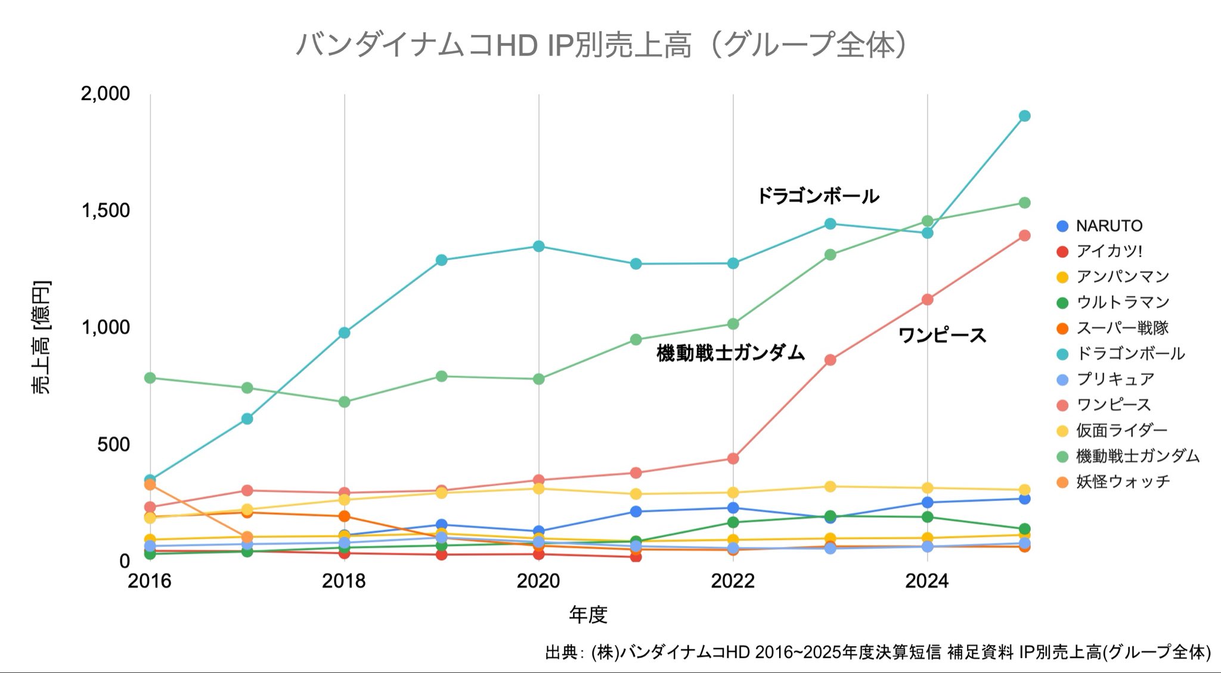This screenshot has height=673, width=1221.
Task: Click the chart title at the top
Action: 602,45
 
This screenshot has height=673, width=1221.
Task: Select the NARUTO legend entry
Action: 1108,226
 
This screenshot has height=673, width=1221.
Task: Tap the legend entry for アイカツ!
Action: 1108,251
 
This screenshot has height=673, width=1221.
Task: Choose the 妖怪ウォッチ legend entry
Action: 1122,482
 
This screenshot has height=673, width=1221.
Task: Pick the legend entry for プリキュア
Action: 1114,379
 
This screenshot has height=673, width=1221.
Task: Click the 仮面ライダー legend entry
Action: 1121,430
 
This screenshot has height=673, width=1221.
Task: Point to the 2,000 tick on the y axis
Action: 106,94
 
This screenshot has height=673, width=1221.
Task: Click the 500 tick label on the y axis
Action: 113,444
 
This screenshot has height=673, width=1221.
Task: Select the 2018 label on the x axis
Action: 344,581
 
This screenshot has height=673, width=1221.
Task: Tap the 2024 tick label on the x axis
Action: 926,581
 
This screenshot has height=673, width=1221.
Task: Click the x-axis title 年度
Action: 588,614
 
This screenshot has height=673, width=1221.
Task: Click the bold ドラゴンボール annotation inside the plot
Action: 818,196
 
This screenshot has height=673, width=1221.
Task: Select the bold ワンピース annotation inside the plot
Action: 942,336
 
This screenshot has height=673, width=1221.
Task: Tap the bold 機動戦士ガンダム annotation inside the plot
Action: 730,353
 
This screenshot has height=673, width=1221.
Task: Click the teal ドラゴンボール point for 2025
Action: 1024,116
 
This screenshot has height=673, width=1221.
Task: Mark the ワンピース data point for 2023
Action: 830,360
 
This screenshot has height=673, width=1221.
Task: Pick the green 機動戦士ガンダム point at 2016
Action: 150,378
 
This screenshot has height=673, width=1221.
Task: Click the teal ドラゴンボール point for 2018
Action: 344,333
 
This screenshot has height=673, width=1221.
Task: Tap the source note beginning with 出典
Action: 878,652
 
